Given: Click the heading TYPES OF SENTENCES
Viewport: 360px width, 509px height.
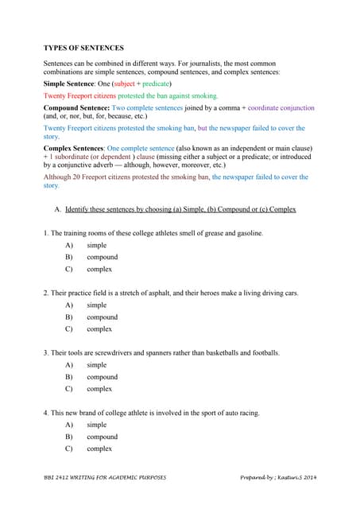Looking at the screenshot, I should coord(83,48).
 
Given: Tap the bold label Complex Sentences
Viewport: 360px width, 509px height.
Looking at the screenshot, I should coord(74,149).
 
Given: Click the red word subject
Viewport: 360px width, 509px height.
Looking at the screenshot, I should coord(126,83).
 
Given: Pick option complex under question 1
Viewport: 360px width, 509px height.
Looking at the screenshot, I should coord(99,269).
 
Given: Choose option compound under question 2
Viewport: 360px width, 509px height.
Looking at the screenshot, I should coord(102,317).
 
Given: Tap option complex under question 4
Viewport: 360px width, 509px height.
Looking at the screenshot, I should coord(99,449).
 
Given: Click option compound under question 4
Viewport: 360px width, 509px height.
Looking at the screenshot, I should coord(102,437).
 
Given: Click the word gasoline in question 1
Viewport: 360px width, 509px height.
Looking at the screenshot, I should coord(246,233).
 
